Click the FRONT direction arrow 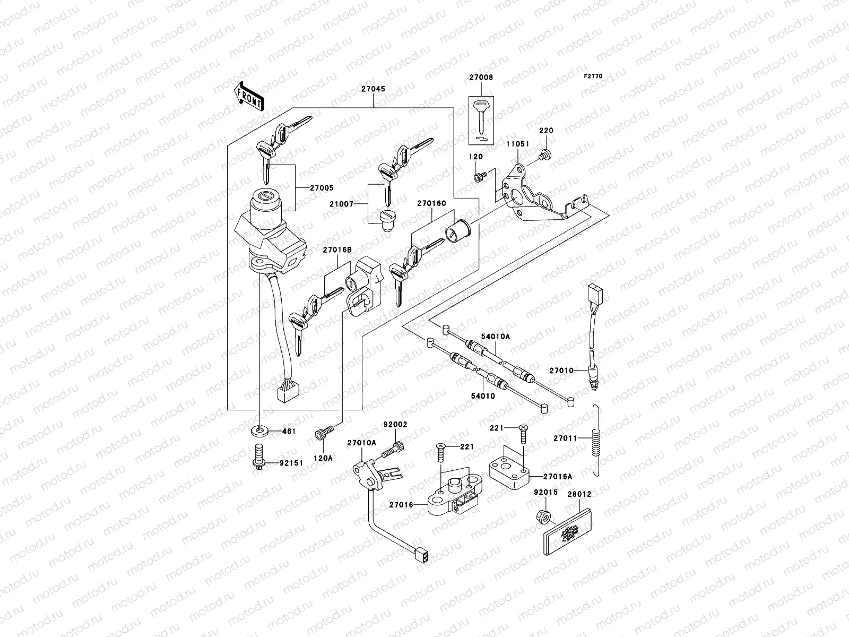[250, 95]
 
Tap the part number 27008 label [481, 78]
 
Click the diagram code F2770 [594, 76]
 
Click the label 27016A [559, 477]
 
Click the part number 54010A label [495, 337]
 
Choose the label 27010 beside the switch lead [561, 371]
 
